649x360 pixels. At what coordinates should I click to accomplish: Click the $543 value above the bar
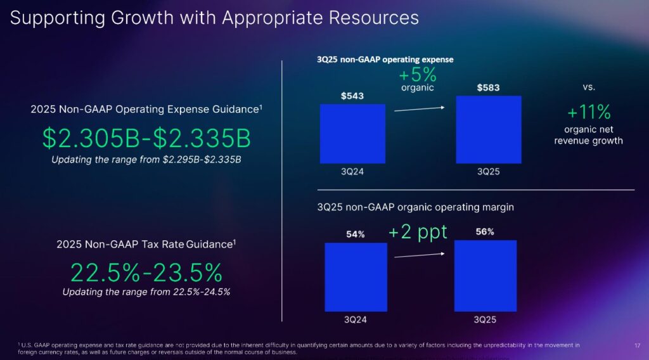352,96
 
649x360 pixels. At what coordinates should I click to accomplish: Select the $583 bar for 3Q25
488,130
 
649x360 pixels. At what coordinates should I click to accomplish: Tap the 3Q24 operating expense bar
352,133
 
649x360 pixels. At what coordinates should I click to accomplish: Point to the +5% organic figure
418,75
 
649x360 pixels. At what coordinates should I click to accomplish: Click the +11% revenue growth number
589,113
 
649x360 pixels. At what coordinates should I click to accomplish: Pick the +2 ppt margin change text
418,232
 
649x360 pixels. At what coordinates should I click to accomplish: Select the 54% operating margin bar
356,276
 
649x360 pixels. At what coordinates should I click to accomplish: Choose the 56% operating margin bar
485,275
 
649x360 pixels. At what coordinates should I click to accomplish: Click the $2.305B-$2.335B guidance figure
146,138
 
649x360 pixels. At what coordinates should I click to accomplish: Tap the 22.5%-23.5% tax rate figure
146,273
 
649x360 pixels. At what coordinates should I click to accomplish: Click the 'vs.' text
589,87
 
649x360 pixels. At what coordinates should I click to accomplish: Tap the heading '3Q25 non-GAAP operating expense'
385,60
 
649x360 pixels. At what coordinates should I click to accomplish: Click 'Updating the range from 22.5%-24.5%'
146,292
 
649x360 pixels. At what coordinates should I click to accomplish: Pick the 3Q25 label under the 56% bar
485,319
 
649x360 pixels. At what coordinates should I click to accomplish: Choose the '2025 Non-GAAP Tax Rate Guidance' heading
146,244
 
